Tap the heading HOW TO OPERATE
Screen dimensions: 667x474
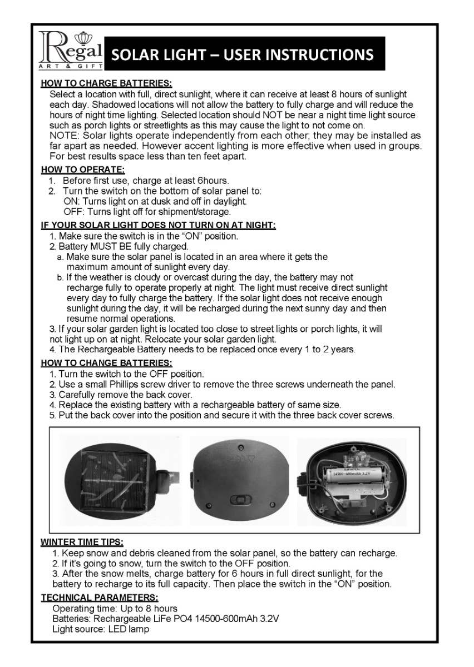point(83,170)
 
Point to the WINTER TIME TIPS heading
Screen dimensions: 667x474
point(82,542)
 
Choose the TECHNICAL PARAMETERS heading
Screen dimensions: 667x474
point(100,598)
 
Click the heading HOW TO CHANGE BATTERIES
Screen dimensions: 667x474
point(106,363)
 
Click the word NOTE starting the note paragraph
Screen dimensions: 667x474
point(63,136)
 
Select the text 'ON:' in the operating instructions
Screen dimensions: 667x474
point(72,201)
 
